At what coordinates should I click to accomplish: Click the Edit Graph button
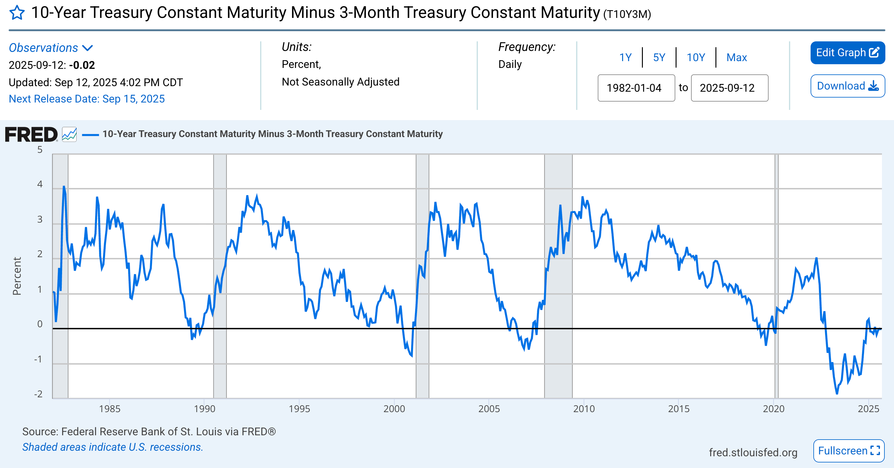tap(847, 53)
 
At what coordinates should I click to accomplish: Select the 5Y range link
tap(659, 57)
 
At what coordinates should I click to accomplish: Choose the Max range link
tap(736, 57)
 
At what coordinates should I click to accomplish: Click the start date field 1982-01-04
tap(636, 88)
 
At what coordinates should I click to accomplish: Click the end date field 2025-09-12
tap(729, 88)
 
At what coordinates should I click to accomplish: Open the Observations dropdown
tap(51, 48)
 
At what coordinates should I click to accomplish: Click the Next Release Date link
tap(86, 99)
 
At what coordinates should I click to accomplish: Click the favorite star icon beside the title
tap(17, 13)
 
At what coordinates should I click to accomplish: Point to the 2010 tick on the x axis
tap(584, 408)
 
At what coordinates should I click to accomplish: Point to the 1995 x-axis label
tap(299, 408)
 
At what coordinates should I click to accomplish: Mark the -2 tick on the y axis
tap(39, 394)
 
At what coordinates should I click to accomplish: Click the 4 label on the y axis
tap(40, 184)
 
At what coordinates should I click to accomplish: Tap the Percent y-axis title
tap(17, 276)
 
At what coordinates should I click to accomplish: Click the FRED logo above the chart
tap(31, 135)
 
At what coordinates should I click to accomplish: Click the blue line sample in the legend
tap(90, 135)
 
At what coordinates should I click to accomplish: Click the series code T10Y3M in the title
tap(627, 14)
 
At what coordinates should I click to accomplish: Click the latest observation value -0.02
tap(82, 65)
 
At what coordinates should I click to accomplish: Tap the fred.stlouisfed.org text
tap(753, 452)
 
